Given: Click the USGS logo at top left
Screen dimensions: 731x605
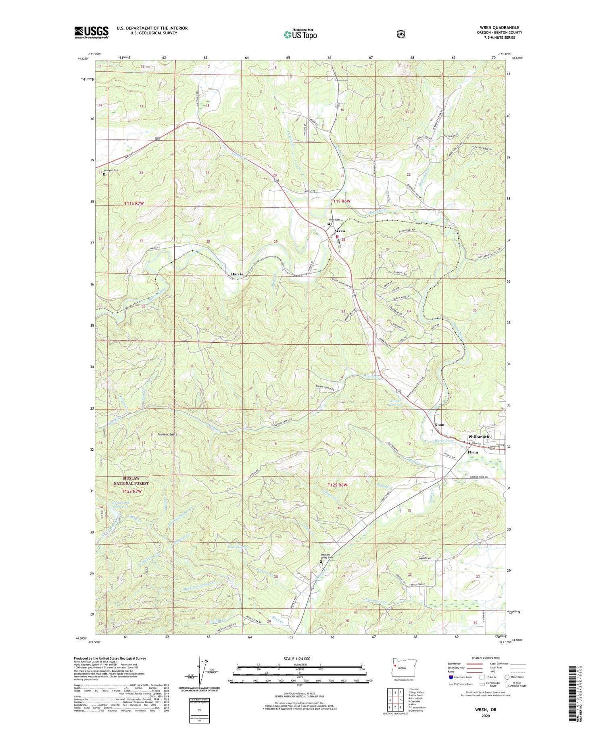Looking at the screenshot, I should click(x=91, y=32).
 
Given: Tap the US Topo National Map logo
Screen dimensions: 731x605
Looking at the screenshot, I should click(x=300, y=34).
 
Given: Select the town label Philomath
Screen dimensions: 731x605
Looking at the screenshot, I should click(x=478, y=437).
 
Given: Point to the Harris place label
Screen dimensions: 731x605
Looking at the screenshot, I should click(x=237, y=274).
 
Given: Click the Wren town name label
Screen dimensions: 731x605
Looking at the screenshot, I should click(x=340, y=231).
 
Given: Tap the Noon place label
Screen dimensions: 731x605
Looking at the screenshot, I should click(x=439, y=425).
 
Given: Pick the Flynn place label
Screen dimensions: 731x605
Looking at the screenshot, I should click(x=472, y=452).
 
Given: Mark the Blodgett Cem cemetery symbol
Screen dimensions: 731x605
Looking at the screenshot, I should click(x=104, y=175).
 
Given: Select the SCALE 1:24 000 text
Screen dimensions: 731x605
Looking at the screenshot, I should click(x=297, y=658).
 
